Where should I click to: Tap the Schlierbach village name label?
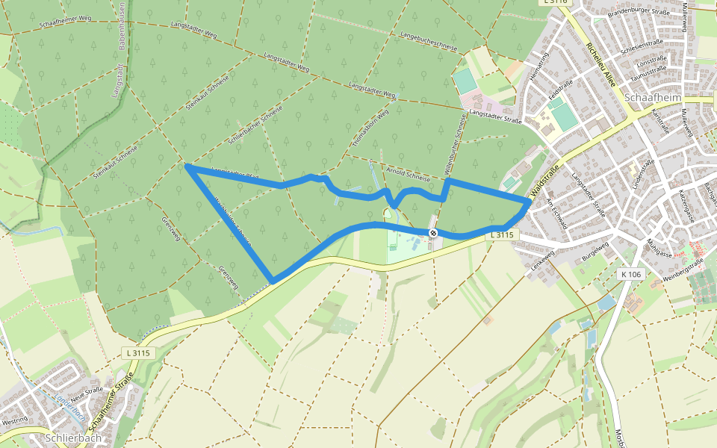tap(72, 438)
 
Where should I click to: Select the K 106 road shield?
tap(631, 275)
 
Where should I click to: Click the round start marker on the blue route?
tap(433, 234)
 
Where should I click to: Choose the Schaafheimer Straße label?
tap(108, 402)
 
